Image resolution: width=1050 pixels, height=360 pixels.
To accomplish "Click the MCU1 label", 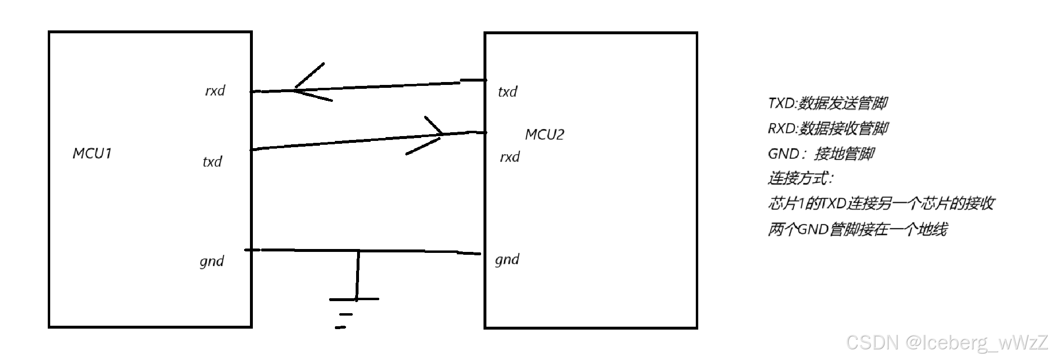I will pyautogui.click(x=92, y=153).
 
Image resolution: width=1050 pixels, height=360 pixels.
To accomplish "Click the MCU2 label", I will pyautogui.click(x=544, y=135).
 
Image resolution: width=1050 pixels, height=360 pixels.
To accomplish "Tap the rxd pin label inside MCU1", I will pyautogui.click(x=215, y=91).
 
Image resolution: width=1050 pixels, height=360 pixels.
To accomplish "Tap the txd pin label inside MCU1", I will pyautogui.click(x=212, y=161).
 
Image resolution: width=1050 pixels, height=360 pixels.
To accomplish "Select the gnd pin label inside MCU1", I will pyautogui.click(x=212, y=261).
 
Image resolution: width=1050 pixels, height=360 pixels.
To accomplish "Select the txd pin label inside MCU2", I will pyautogui.click(x=508, y=92).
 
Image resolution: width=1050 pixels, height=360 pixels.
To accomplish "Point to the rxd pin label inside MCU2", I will pyautogui.click(x=510, y=157).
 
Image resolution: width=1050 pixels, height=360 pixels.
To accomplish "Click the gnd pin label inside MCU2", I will pyautogui.click(x=507, y=260).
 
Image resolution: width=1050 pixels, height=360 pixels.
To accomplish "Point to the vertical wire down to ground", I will pyautogui.click(x=358, y=275).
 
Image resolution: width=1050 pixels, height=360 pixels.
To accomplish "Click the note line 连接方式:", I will pyautogui.click(x=800, y=179).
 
